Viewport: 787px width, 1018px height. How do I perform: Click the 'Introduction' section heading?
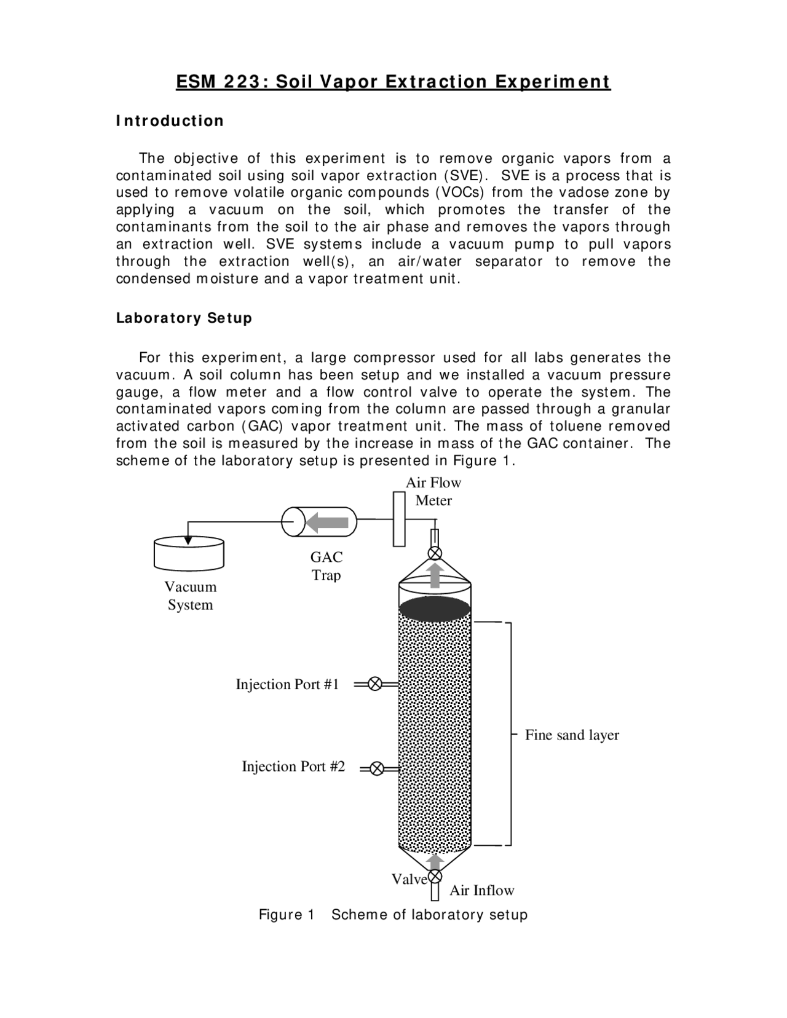coord(170,120)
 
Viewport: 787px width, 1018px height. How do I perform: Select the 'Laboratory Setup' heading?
coord(184,318)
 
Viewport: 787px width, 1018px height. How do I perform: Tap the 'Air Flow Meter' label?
coord(433,492)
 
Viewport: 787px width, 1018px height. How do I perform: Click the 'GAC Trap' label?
coord(326,566)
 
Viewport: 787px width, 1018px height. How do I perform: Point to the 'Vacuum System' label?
coord(190,596)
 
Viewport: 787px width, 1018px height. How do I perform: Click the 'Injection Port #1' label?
coord(287,685)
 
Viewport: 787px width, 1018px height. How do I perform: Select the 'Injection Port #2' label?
coord(293,767)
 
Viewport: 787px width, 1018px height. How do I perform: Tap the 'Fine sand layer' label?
coord(572,735)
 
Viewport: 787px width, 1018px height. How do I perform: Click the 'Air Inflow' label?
coord(481,891)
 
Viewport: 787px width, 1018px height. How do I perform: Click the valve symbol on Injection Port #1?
coord(374,684)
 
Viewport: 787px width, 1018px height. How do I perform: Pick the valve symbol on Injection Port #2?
coord(377,768)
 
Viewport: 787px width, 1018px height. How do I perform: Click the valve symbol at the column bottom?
coord(435,876)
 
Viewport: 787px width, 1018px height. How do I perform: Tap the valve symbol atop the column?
coord(435,553)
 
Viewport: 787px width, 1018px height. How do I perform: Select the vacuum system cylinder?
coord(188,554)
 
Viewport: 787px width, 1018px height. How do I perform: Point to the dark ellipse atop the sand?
coord(435,609)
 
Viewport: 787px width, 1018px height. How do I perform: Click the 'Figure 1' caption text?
coord(287,915)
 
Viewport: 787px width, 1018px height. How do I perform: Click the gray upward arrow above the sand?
coord(435,577)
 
